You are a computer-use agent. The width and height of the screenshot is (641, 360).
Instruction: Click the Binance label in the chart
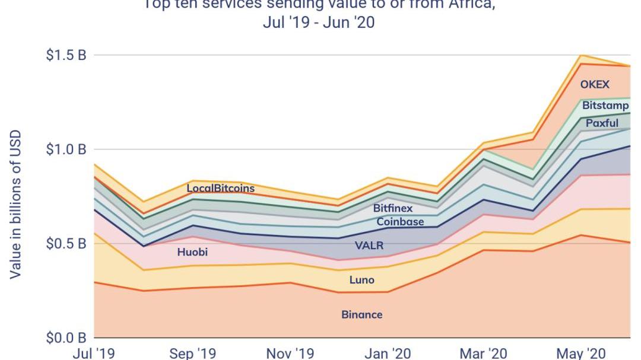pyautogui.click(x=361, y=315)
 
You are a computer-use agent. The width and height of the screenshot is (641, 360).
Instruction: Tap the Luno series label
pyautogui.click(x=361, y=280)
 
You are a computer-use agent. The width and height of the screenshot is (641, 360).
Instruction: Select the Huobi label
pyautogui.click(x=192, y=252)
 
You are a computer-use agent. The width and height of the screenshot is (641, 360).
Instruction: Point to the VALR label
pyautogui.click(x=369, y=246)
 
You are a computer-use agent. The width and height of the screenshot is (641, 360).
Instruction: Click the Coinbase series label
pyautogui.click(x=400, y=222)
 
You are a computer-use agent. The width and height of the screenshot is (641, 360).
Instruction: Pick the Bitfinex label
pyautogui.click(x=392, y=209)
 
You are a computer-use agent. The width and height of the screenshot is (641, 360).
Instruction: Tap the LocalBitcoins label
pyautogui.click(x=220, y=189)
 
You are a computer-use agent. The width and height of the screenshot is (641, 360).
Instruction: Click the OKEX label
pyautogui.click(x=595, y=85)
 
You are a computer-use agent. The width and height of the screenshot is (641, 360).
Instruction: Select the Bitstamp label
pyautogui.click(x=601, y=106)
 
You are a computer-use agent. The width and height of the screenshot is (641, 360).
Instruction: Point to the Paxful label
pyautogui.click(x=602, y=123)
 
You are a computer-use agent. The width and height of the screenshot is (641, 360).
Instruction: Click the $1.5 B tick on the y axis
pyautogui.click(x=66, y=55)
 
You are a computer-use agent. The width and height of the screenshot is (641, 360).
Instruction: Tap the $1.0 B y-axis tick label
pyautogui.click(x=66, y=149)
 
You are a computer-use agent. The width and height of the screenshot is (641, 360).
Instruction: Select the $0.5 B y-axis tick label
pyautogui.click(x=66, y=244)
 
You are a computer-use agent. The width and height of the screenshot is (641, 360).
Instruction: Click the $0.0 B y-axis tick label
pyautogui.click(x=66, y=338)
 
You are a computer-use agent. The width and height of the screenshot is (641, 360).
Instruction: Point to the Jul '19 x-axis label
pyautogui.click(x=94, y=353)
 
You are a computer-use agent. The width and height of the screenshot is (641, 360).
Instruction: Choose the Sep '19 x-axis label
pyautogui.click(x=192, y=353)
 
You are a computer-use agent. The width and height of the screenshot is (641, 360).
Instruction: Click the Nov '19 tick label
pyautogui.click(x=290, y=353)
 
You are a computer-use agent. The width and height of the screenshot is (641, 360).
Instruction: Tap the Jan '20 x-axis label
pyautogui.click(x=386, y=353)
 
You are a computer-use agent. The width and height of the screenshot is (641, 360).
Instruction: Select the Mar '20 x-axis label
pyautogui.click(x=483, y=353)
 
